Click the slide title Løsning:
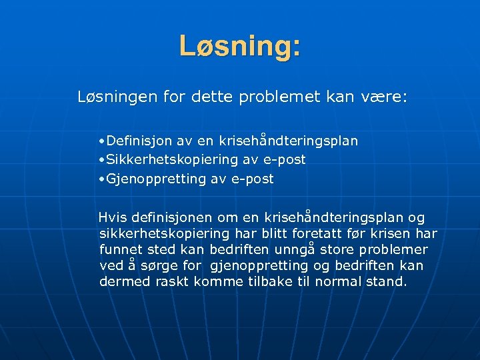(240, 47)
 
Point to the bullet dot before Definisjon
(99, 141)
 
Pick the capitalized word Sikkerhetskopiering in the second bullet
(157, 160)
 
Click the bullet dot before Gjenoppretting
(99, 179)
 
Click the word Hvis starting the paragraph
(113, 218)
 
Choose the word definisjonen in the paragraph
(171, 218)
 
